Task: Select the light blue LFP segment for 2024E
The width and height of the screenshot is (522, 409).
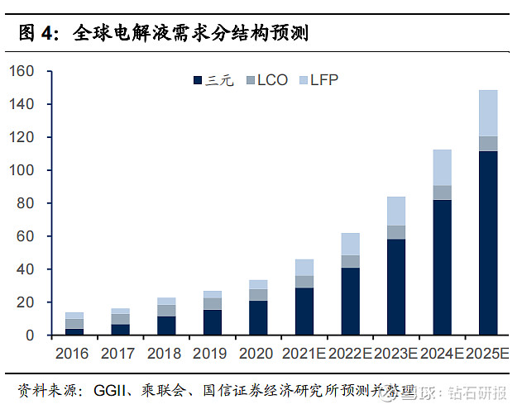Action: coord(443,168)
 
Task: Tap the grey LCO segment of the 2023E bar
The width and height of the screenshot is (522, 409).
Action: coord(396,232)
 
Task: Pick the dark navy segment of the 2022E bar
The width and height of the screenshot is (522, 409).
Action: coord(351,301)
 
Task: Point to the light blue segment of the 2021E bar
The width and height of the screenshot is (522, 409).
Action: coord(305,267)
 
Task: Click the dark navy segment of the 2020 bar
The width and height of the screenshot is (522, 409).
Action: coord(259,317)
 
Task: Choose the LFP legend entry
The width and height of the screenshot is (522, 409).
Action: coord(317,80)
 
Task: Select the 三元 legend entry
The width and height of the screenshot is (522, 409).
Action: coord(215,80)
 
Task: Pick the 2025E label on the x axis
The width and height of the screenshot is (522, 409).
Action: coord(488,353)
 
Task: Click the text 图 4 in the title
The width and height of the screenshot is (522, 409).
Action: coord(38,34)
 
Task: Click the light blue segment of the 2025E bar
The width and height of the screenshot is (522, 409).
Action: coord(488,113)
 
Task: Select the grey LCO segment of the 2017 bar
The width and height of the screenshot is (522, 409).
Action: coord(121,319)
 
